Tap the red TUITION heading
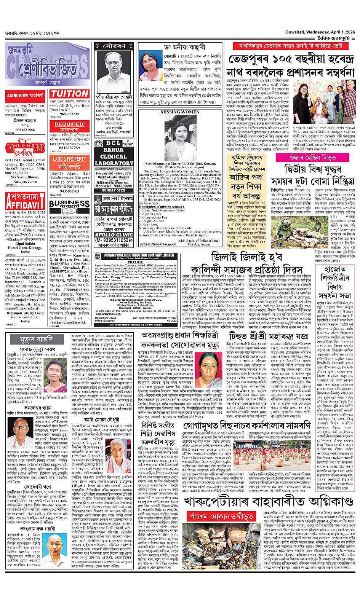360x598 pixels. [x=69, y=94]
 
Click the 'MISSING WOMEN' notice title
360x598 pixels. [x=175, y=112]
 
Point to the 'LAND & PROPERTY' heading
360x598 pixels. [x=69, y=159]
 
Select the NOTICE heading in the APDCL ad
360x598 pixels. [x=136, y=262]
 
